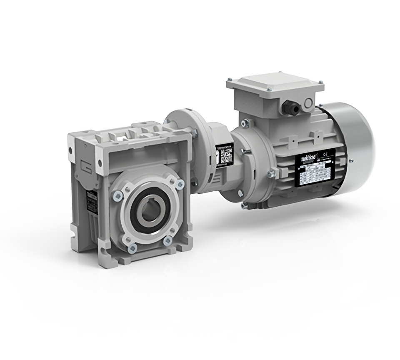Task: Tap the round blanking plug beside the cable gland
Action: (309, 102)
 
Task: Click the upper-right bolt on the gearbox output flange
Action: (180, 184)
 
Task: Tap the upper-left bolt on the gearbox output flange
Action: (116, 195)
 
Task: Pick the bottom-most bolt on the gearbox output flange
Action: (132, 249)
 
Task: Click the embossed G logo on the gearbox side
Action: (84, 165)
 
